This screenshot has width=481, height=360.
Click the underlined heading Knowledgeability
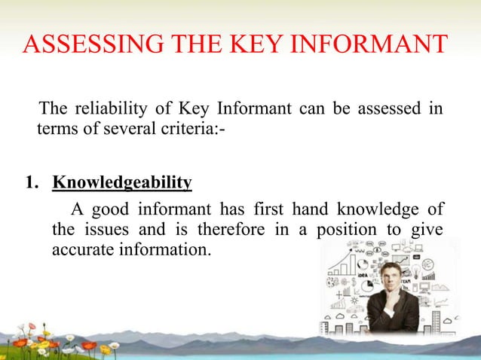[x=121, y=183]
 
